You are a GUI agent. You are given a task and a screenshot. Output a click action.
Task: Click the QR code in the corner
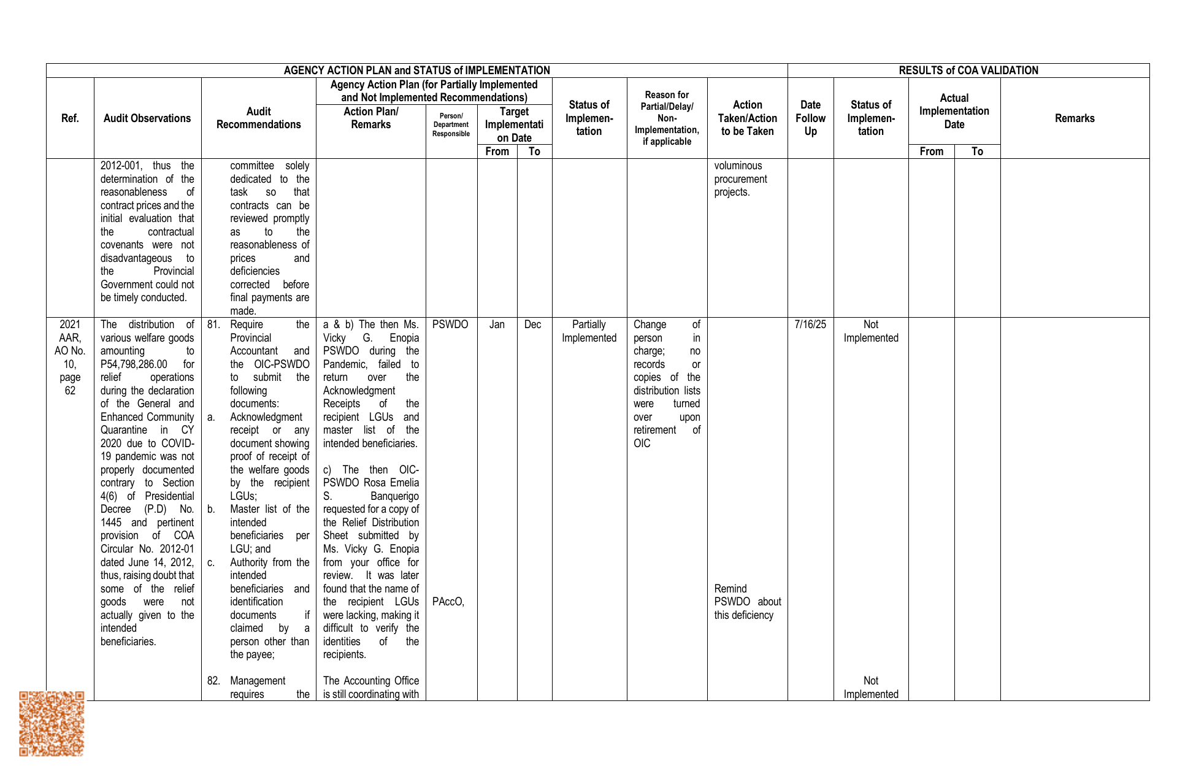(52, 724)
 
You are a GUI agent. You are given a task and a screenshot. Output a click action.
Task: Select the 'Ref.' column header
(70, 118)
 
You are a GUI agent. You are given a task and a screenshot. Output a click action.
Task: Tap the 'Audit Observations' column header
(147, 118)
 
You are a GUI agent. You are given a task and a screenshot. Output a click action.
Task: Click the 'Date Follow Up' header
(810, 118)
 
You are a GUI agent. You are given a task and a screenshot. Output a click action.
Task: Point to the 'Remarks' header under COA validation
(1075, 118)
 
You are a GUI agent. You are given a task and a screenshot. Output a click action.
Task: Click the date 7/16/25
(810, 324)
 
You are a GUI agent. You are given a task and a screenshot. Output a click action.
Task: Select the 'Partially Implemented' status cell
(589, 331)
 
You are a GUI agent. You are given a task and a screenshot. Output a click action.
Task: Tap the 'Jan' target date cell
(497, 324)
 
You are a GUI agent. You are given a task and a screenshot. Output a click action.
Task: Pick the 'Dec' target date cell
(533, 324)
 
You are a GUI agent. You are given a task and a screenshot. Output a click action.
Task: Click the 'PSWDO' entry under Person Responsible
(450, 324)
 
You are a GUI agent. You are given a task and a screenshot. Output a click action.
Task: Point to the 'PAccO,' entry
(448, 602)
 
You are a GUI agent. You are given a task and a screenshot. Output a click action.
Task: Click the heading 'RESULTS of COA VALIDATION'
(968, 71)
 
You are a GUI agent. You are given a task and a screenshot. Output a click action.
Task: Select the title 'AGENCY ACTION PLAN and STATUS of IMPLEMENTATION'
(416, 71)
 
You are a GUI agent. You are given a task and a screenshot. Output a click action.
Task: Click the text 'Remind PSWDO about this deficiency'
(747, 602)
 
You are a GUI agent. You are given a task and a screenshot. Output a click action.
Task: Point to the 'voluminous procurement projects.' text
(740, 179)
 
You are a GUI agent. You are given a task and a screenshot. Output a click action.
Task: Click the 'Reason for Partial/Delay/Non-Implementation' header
(667, 118)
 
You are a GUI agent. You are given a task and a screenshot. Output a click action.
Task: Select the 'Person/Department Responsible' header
(451, 125)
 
